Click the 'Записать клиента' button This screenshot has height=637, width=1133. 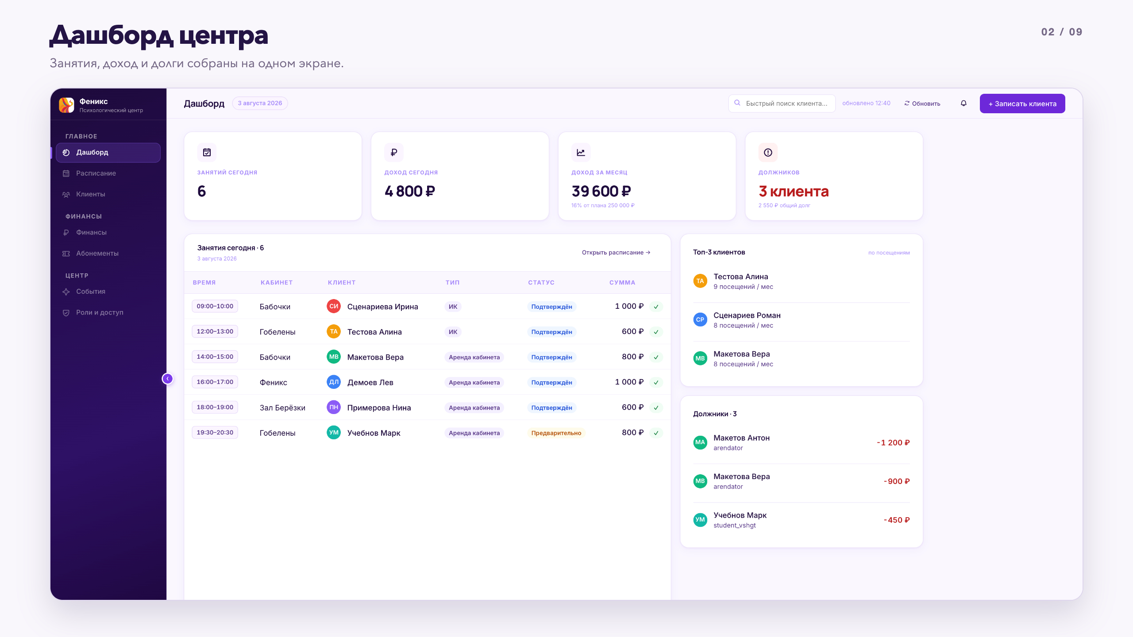1022,104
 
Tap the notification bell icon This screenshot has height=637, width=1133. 963,104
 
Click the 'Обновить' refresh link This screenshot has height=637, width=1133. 922,104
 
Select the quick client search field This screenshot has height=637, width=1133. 782,104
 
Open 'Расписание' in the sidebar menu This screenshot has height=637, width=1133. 96,173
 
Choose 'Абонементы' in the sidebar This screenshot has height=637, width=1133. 97,253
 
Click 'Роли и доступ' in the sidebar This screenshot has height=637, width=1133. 100,313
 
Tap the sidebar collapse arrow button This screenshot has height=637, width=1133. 167,379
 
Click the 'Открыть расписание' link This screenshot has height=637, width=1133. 616,253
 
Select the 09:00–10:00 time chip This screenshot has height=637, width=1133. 215,306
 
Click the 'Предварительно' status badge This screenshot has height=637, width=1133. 556,433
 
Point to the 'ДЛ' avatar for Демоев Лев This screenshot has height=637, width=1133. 334,382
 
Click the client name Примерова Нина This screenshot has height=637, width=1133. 379,408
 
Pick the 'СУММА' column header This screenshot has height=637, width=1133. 622,283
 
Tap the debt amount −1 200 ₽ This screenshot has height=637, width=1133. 893,443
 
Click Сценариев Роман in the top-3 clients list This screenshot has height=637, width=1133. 747,315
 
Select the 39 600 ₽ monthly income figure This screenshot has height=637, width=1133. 601,192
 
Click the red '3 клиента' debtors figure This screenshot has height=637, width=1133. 794,192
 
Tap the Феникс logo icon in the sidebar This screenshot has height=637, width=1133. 67,105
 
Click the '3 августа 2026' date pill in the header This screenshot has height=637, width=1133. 260,103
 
